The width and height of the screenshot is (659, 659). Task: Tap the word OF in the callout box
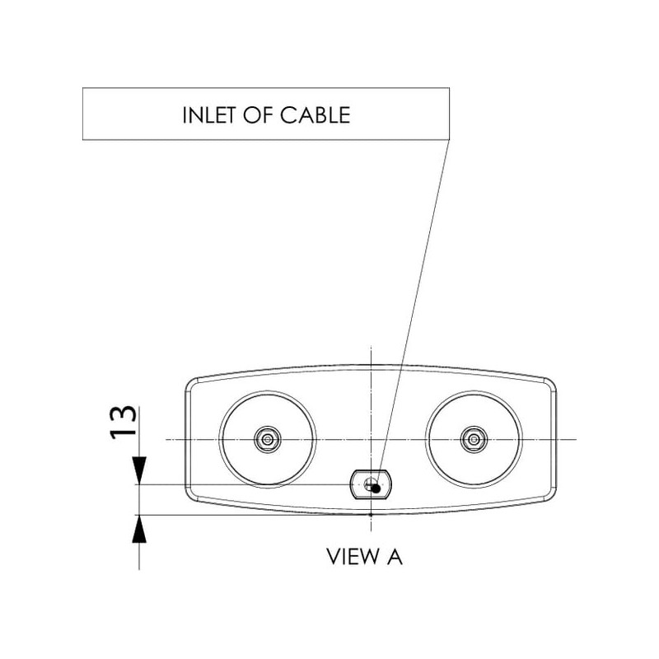pyautogui.click(x=258, y=115)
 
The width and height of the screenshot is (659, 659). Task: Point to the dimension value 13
pyautogui.click(x=123, y=423)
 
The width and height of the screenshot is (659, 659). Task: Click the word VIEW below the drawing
pyautogui.click(x=353, y=557)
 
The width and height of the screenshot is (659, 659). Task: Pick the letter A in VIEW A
pyautogui.click(x=395, y=557)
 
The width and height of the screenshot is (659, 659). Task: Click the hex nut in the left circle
pyautogui.click(x=267, y=440)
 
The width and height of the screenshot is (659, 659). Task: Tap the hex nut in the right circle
pyautogui.click(x=474, y=440)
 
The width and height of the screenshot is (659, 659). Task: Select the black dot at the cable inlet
pyautogui.click(x=376, y=488)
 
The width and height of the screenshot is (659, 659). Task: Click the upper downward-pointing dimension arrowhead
pyautogui.click(x=139, y=470)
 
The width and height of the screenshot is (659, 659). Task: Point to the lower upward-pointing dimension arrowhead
pyautogui.click(x=139, y=529)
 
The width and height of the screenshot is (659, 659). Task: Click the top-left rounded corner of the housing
pyautogui.click(x=192, y=384)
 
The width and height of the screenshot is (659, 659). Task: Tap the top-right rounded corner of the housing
pyautogui.click(x=550, y=384)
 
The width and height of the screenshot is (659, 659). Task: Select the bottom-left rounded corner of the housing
pyautogui.click(x=192, y=495)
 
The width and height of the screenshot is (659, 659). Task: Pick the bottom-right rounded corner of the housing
pyautogui.click(x=550, y=495)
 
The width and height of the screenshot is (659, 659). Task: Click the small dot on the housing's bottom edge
pyautogui.click(x=371, y=514)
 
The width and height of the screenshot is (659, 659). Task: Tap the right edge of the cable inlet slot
pyautogui.click(x=390, y=484)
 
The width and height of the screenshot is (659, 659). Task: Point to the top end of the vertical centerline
pyautogui.click(x=371, y=347)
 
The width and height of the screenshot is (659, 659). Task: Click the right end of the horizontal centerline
pyautogui.click(x=576, y=440)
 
